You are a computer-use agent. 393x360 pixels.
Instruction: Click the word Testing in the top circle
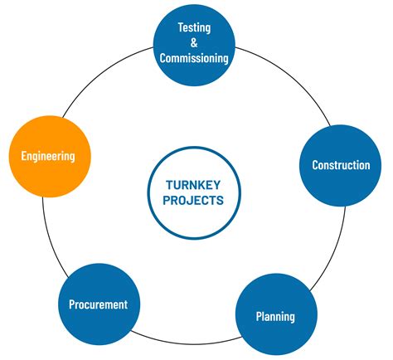[x=194, y=27]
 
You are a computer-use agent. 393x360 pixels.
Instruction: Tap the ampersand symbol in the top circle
[x=194, y=42]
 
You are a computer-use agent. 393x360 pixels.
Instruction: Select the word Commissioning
[x=194, y=57]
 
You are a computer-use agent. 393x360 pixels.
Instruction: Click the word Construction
[x=341, y=165]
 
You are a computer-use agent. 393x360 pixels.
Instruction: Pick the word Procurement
[x=98, y=304]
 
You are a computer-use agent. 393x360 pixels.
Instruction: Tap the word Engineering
[x=48, y=156]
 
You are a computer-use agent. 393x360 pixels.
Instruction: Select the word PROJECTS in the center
[x=194, y=201]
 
